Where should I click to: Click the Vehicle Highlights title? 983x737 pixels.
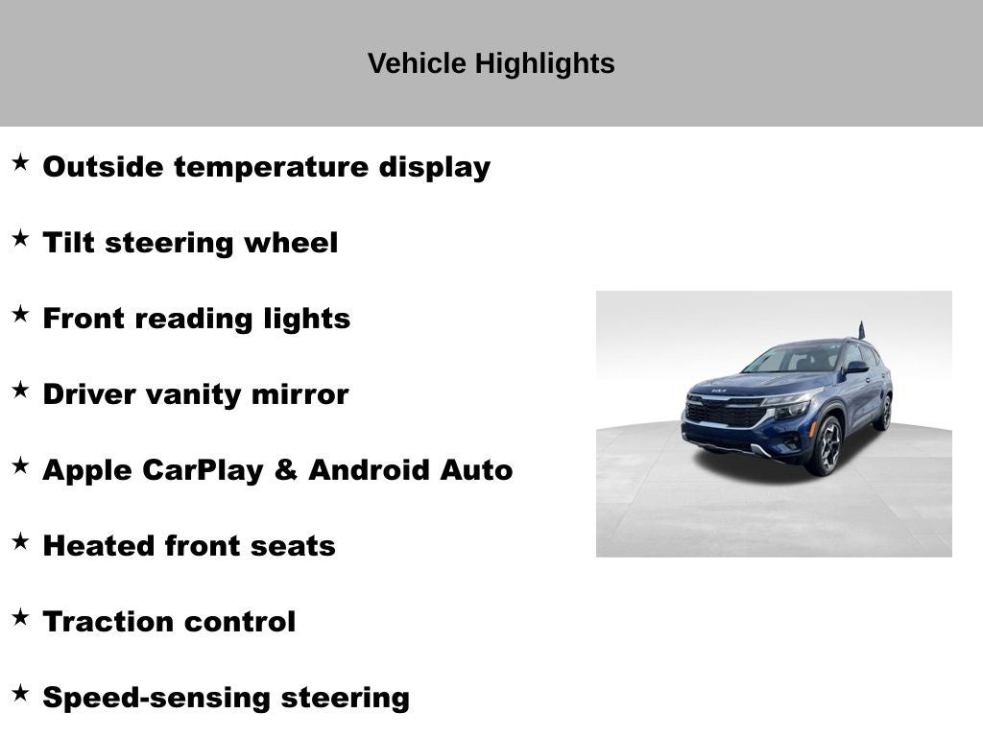(x=491, y=64)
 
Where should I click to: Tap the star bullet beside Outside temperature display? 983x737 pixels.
(x=20, y=163)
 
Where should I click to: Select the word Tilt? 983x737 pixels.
(x=68, y=243)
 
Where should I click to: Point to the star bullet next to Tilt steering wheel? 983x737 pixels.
(x=20, y=239)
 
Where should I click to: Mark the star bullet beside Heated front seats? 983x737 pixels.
(x=20, y=542)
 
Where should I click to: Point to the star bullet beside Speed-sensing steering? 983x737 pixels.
(x=20, y=694)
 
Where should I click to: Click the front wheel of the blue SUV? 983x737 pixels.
(x=827, y=446)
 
